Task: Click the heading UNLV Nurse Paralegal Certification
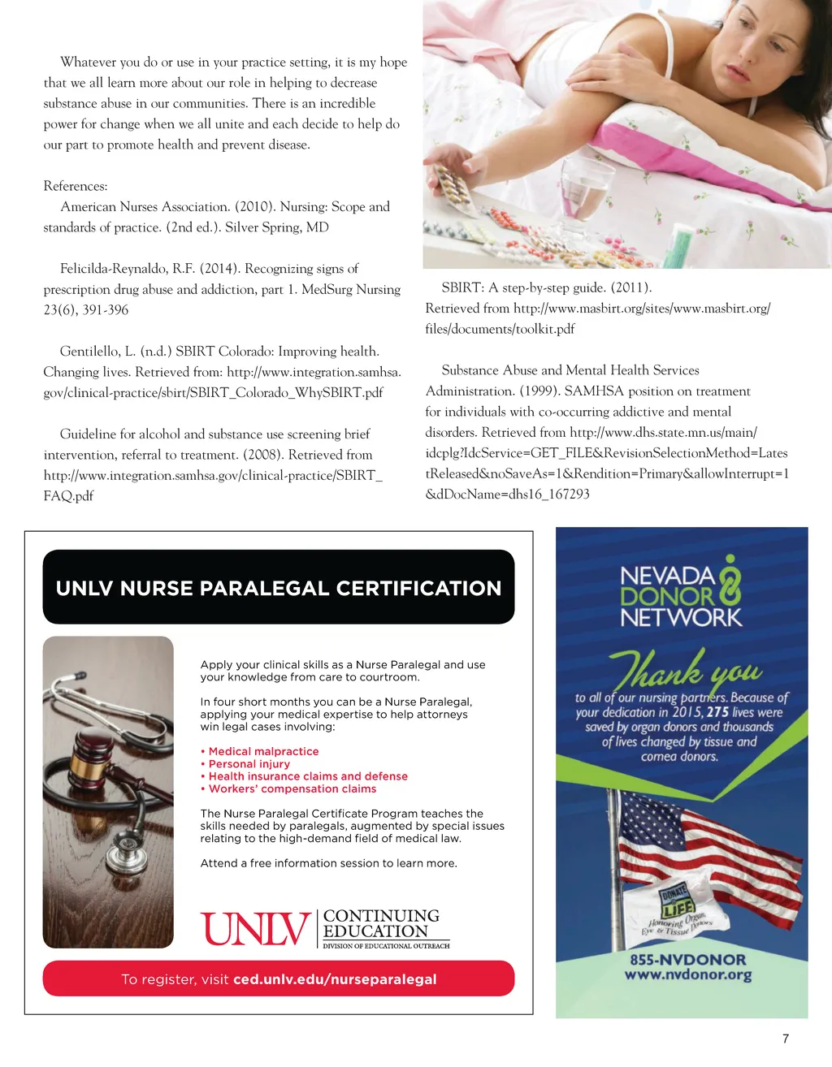pos(278,588)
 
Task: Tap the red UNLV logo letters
pos(255,929)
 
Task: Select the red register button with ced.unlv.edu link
pos(278,978)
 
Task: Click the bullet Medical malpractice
pos(263,751)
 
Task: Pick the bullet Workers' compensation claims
pos(292,788)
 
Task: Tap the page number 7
pos(785,1039)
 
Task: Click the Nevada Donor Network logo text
pos(681,596)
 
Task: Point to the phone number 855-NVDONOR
pos(687,959)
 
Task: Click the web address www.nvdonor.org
pos(687,974)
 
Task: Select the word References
pos(75,186)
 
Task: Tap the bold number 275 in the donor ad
pos(717,712)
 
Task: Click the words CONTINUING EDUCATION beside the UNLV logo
pos(380,924)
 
